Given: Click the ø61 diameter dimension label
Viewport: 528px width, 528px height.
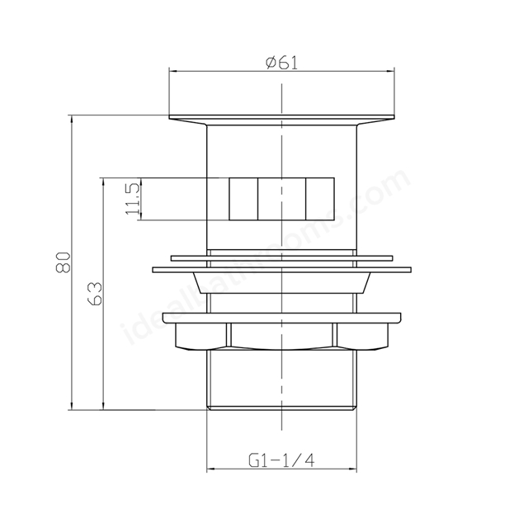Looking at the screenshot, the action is click(x=282, y=63).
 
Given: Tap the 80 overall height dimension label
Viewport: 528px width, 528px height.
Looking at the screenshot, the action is click(x=64, y=262).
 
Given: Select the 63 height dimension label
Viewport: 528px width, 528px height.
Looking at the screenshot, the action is click(x=95, y=294).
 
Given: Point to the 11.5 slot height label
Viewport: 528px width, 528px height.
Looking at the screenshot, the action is click(x=133, y=199).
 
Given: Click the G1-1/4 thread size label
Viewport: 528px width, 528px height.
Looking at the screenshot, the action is click(x=281, y=460).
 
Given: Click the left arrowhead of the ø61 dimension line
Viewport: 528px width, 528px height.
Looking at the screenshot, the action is click(x=172, y=71).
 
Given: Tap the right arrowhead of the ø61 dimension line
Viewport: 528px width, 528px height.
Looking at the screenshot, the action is click(x=390, y=71).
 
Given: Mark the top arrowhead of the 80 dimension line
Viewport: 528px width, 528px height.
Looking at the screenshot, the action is click(x=71, y=119).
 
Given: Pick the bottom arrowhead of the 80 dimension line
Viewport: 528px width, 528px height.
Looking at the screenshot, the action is click(x=71, y=406).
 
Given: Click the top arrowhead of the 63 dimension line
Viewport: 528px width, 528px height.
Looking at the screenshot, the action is click(x=103, y=181).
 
